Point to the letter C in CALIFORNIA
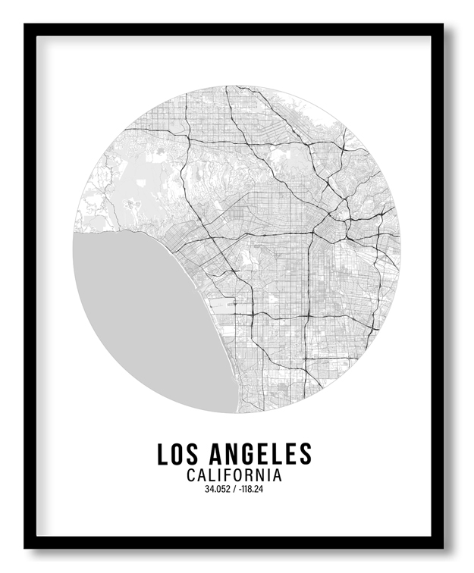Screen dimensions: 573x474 click(x=190, y=475)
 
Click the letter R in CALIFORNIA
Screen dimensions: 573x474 click(x=253, y=475)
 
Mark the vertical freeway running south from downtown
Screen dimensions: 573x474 click(x=309, y=288)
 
